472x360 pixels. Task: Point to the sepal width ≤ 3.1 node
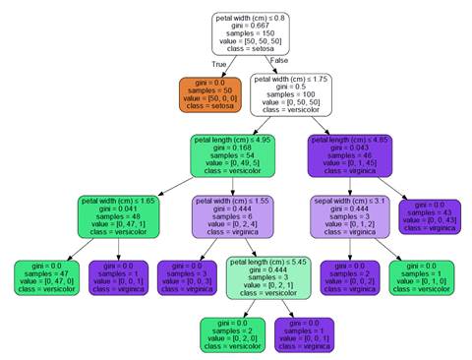[x=352, y=216]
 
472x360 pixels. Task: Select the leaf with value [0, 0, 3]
[x=192, y=277]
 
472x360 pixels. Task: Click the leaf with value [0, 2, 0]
[x=233, y=335]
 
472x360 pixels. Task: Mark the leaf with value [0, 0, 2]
[x=352, y=277]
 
